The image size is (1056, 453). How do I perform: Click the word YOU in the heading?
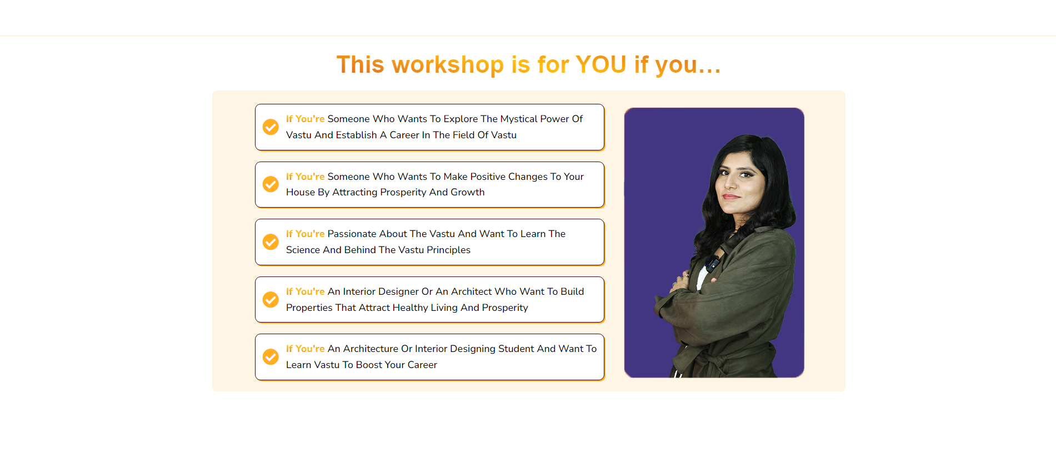(601, 64)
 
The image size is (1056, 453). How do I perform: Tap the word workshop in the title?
(448, 64)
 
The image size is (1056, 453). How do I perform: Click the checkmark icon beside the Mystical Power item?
(271, 127)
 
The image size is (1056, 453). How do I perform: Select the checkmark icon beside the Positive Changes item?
(271, 184)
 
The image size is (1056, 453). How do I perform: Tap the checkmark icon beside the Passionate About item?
(271, 242)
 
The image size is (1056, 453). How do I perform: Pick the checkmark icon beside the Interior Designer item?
(271, 300)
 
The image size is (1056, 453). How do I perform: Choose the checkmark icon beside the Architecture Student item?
(271, 357)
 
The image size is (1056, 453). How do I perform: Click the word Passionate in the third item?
(352, 234)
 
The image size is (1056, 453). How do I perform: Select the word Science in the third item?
(303, 250)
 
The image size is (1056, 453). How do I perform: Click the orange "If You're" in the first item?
(306, 119)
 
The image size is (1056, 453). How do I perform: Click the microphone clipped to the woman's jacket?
(712, 264)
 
